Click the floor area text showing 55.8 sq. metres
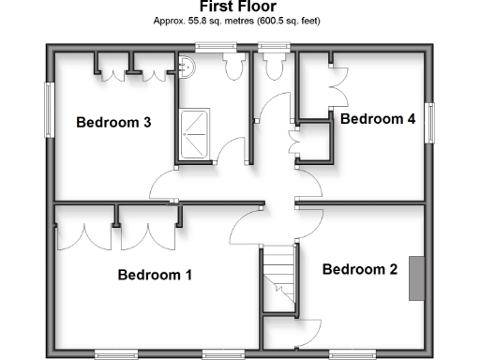[x=237, y=19]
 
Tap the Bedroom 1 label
[x=155, y=276]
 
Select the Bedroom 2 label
[x=360, y=269]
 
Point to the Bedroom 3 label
[x=113, y=122]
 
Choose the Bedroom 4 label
[x=378, y=119]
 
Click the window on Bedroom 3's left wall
[x=49, y=111]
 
